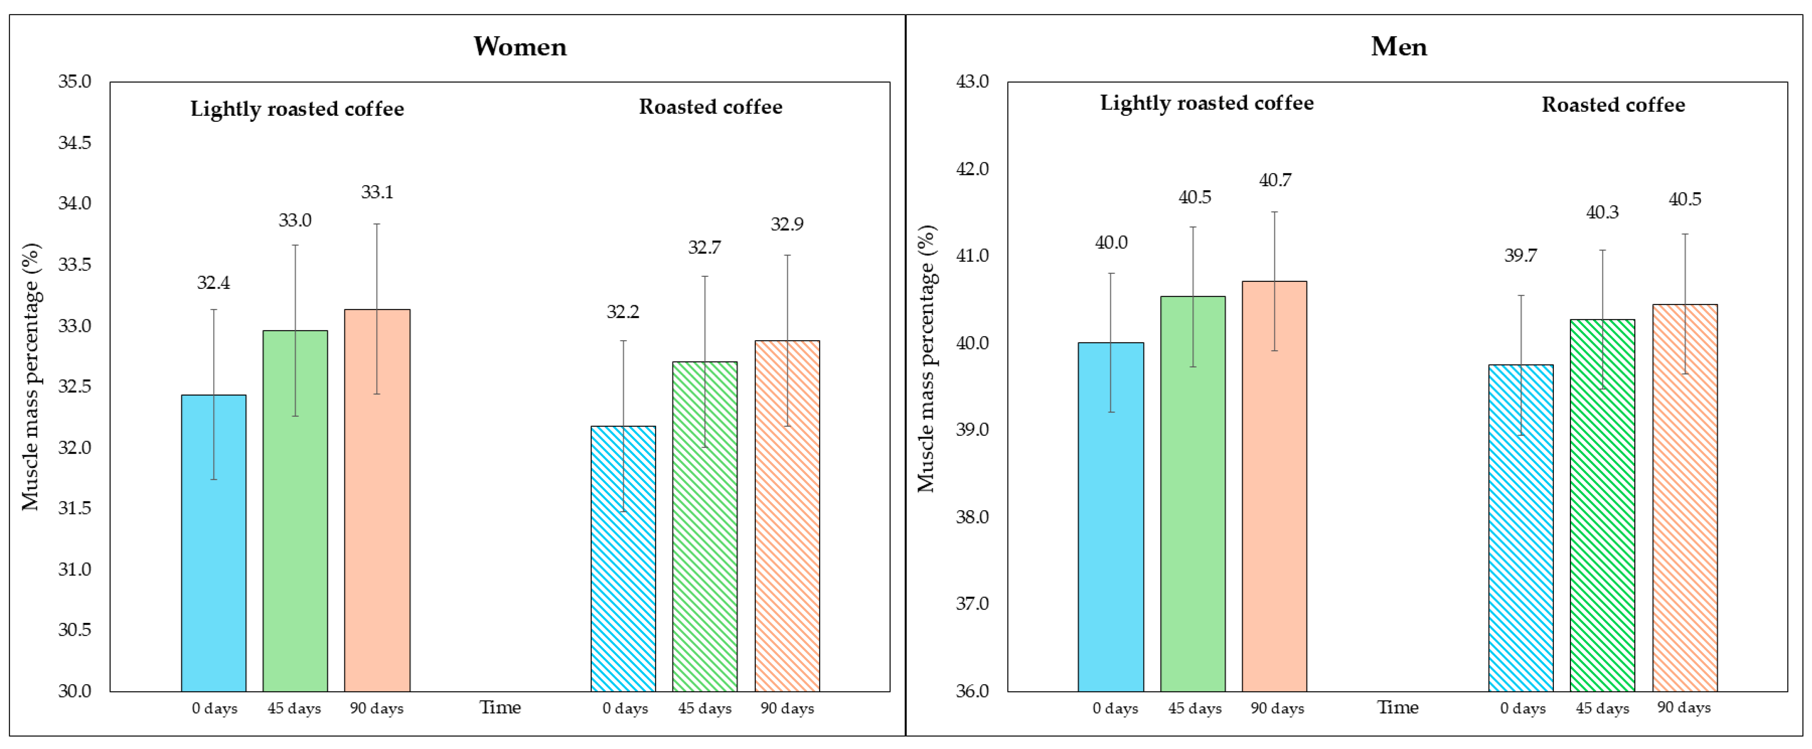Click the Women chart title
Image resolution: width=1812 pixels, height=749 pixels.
520,46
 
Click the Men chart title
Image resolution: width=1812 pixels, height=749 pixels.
1398,46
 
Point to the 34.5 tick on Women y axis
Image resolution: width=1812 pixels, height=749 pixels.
75,143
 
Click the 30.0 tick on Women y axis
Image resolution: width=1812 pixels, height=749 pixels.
75,691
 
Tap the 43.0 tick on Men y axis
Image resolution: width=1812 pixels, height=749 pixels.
972,81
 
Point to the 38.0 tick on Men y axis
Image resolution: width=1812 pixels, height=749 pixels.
972,517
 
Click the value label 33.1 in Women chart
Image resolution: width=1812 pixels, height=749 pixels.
377,192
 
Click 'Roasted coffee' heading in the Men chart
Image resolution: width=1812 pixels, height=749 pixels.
1613,105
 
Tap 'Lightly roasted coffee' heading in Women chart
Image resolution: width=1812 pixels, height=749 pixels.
297,109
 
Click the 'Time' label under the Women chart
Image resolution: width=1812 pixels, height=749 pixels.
500,708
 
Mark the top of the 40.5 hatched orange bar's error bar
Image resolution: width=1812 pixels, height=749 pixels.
1685,234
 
